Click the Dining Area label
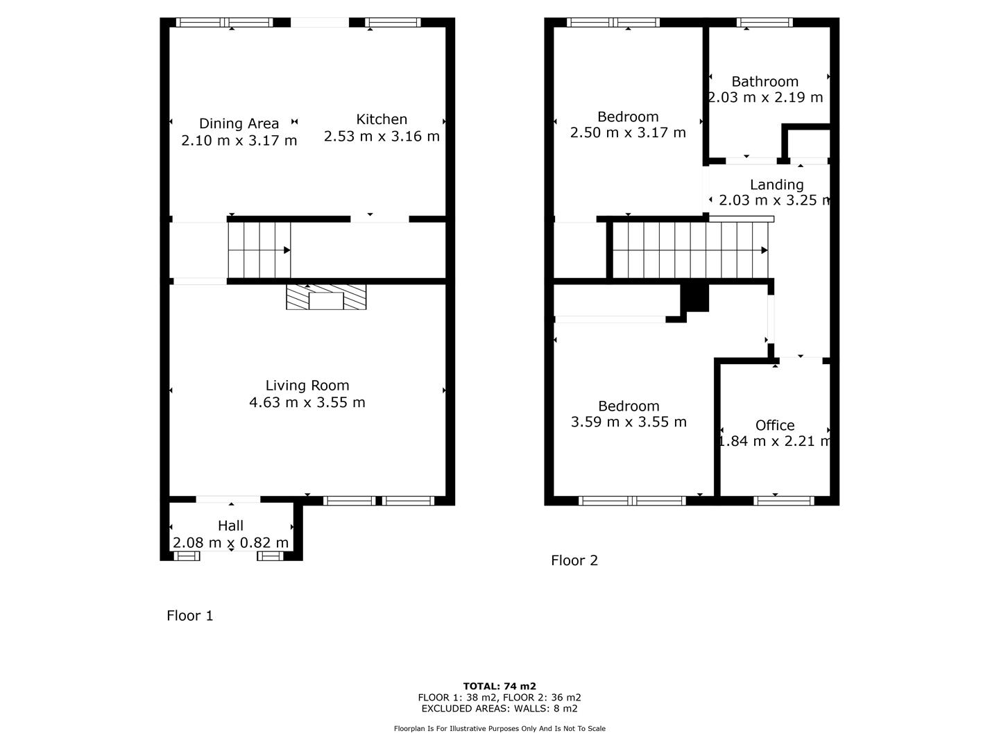coord(239,123)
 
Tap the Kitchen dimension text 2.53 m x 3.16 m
coord(382,137)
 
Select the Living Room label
coord(307,386)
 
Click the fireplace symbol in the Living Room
coord(326,298)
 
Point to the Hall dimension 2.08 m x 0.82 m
coord(231,542)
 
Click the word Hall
coord(231,526)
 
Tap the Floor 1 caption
coord(190,616)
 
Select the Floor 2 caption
coord(574,560)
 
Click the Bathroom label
coord(765,82)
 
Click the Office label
coord(775,426)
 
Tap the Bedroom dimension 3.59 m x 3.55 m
coord(629,422)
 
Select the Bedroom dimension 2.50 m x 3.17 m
coord(628,132)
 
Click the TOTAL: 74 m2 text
coord(499,687)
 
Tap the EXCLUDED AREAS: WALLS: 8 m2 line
coord(499,709)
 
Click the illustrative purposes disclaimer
coord(499,728)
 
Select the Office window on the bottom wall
coord(784,501)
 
